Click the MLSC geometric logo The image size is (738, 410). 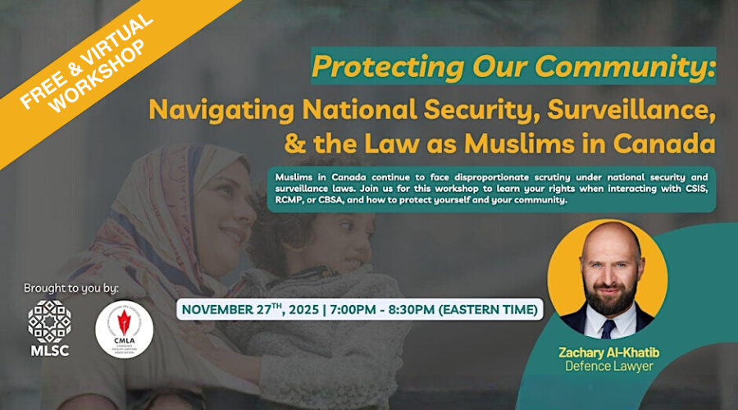(48, 320)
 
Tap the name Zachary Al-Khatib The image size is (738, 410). (608, 352)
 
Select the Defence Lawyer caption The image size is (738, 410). (608, 367)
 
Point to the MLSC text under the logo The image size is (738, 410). (48, 351)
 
